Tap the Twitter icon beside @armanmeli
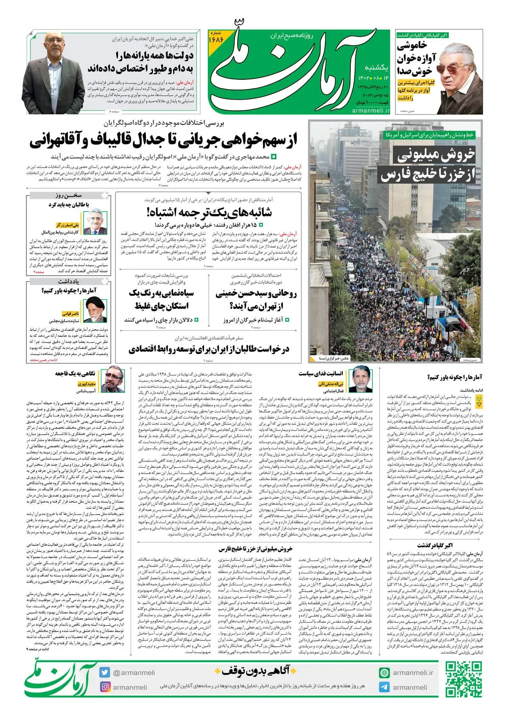click(x=105, y=672)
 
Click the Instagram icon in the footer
click(x=105, y=687)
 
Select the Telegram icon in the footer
click(x=384, y=687)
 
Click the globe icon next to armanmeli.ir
click(x=384, y=673)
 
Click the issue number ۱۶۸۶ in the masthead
click(x=216, y=39)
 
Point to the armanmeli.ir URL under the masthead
click(x=370, y=110)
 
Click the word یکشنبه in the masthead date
click(x=377, y=67)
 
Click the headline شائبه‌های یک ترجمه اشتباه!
click(x=209, y=212)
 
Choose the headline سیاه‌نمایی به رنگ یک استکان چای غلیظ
click(x=162, y=299)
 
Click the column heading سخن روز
click(x=68, y=196)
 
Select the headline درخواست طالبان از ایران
click(x=209, y=349)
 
